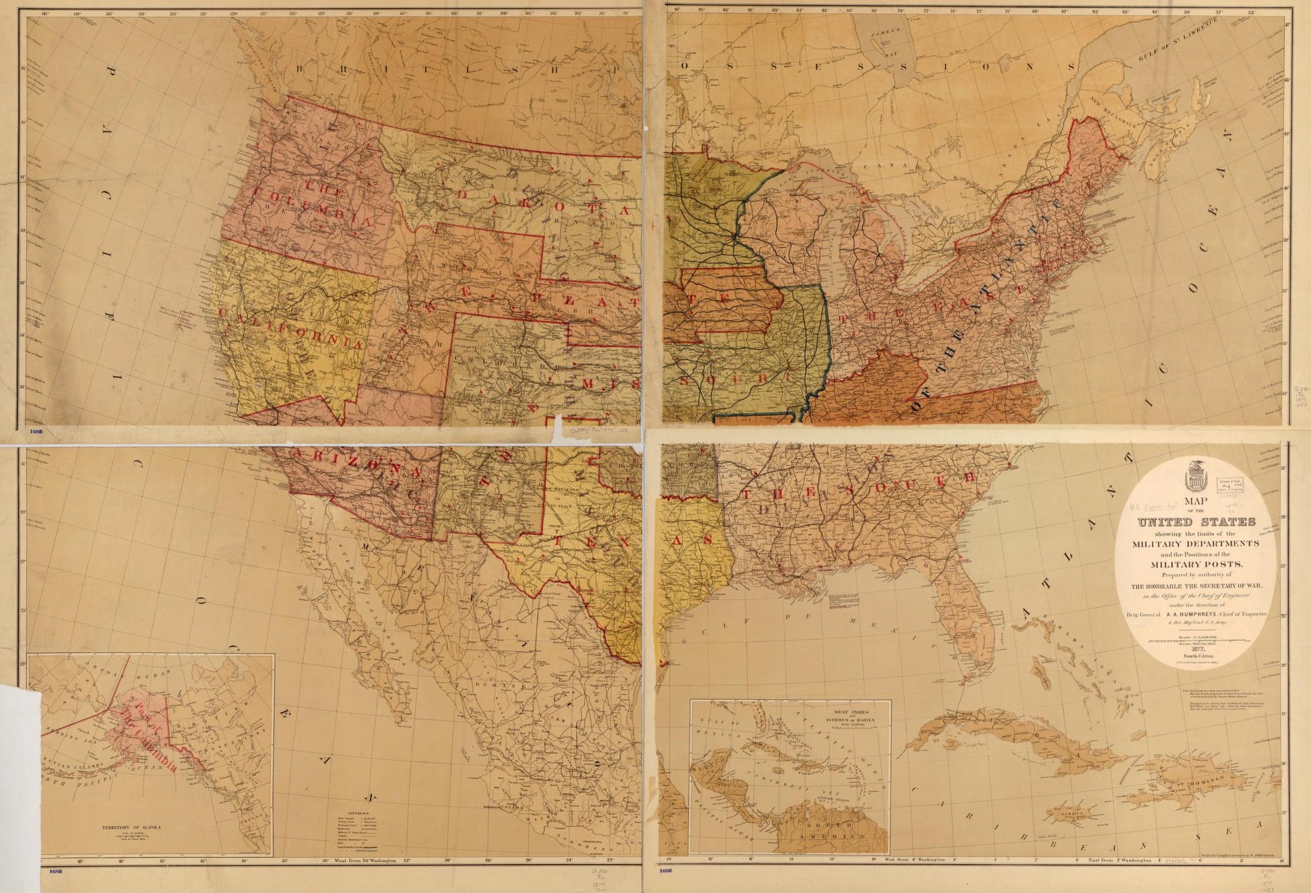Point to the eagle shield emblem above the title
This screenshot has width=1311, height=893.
(x=1196, y=476)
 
